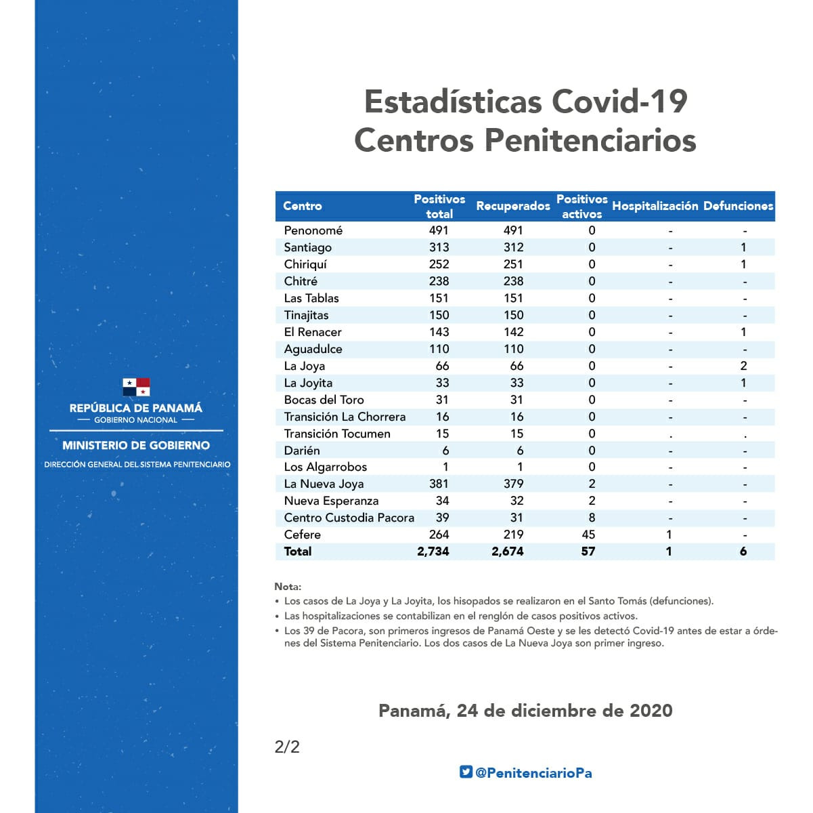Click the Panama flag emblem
pos(136,387)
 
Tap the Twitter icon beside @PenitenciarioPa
pos(466,772)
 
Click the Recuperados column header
pos(512,206)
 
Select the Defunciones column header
pos(738,206)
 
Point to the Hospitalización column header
pos(655,206)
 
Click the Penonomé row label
pos(313,230)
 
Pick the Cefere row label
pos(302,535)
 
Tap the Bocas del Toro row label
pos(324,400)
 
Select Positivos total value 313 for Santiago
pos(439,247)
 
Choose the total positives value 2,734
pos(433,551)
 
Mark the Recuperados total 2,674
pos(508,551)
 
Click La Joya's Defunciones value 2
pos(743,366)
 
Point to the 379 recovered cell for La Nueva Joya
pos(513,484)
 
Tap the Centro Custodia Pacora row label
pos(349,518)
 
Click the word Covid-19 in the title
pos(619,102)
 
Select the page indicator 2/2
pos(287,747)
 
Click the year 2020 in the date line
pos(651,711)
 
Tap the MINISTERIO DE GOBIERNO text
pos(136,445)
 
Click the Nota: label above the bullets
pos(288,587)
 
